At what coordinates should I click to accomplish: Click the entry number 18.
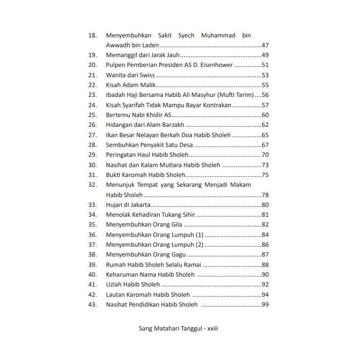click(92, 36)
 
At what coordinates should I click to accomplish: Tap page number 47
click(265, 45)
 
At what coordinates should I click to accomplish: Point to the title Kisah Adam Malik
click(131, 85)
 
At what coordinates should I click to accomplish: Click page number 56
click(265, 95)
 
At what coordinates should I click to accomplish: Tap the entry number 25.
click(92, 115)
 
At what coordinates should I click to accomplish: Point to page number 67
click(265, 145)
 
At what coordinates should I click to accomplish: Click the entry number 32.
click(92, 185)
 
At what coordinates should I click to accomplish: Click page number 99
click(265, 305)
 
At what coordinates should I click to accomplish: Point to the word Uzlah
click(114, 285)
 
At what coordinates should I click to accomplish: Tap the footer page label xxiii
click(213, 329)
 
